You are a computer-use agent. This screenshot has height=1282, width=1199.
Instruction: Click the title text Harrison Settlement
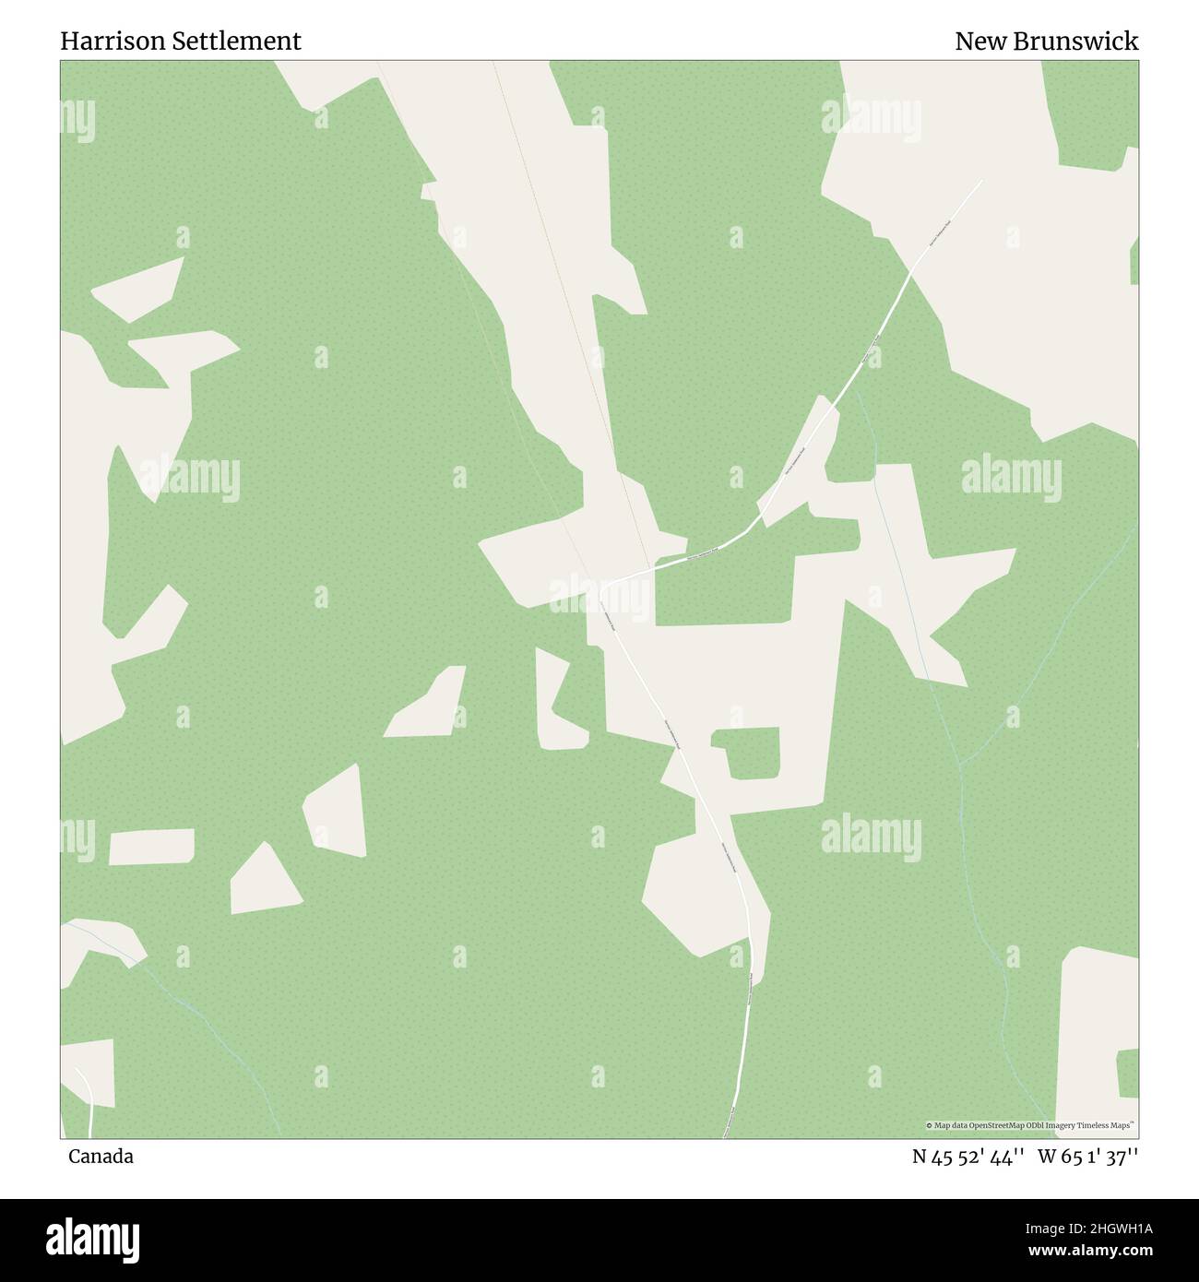[x=180, y=42]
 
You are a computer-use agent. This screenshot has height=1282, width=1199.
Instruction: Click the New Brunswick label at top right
[x=1046, y=42]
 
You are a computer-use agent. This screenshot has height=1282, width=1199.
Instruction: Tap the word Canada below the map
[x=101, y=1157]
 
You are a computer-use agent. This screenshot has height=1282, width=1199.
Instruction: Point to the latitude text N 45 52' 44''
[x=969, y=1157]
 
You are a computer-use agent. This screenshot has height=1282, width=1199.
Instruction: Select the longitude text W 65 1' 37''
[x=1087, y=1157]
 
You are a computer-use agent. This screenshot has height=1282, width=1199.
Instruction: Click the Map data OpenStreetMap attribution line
[x=1030, y=1125]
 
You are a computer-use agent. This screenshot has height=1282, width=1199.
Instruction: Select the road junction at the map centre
[x=604, y=583]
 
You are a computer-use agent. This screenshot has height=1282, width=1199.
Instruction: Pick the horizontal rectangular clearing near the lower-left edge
[x=152, y=846]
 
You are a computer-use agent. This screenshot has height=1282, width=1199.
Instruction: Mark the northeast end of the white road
[x=980, y=181]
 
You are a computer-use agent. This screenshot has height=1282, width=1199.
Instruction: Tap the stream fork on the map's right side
[x=961, y=765]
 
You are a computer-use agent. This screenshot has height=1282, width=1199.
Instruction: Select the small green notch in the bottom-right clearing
[x=1127, y=1073]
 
